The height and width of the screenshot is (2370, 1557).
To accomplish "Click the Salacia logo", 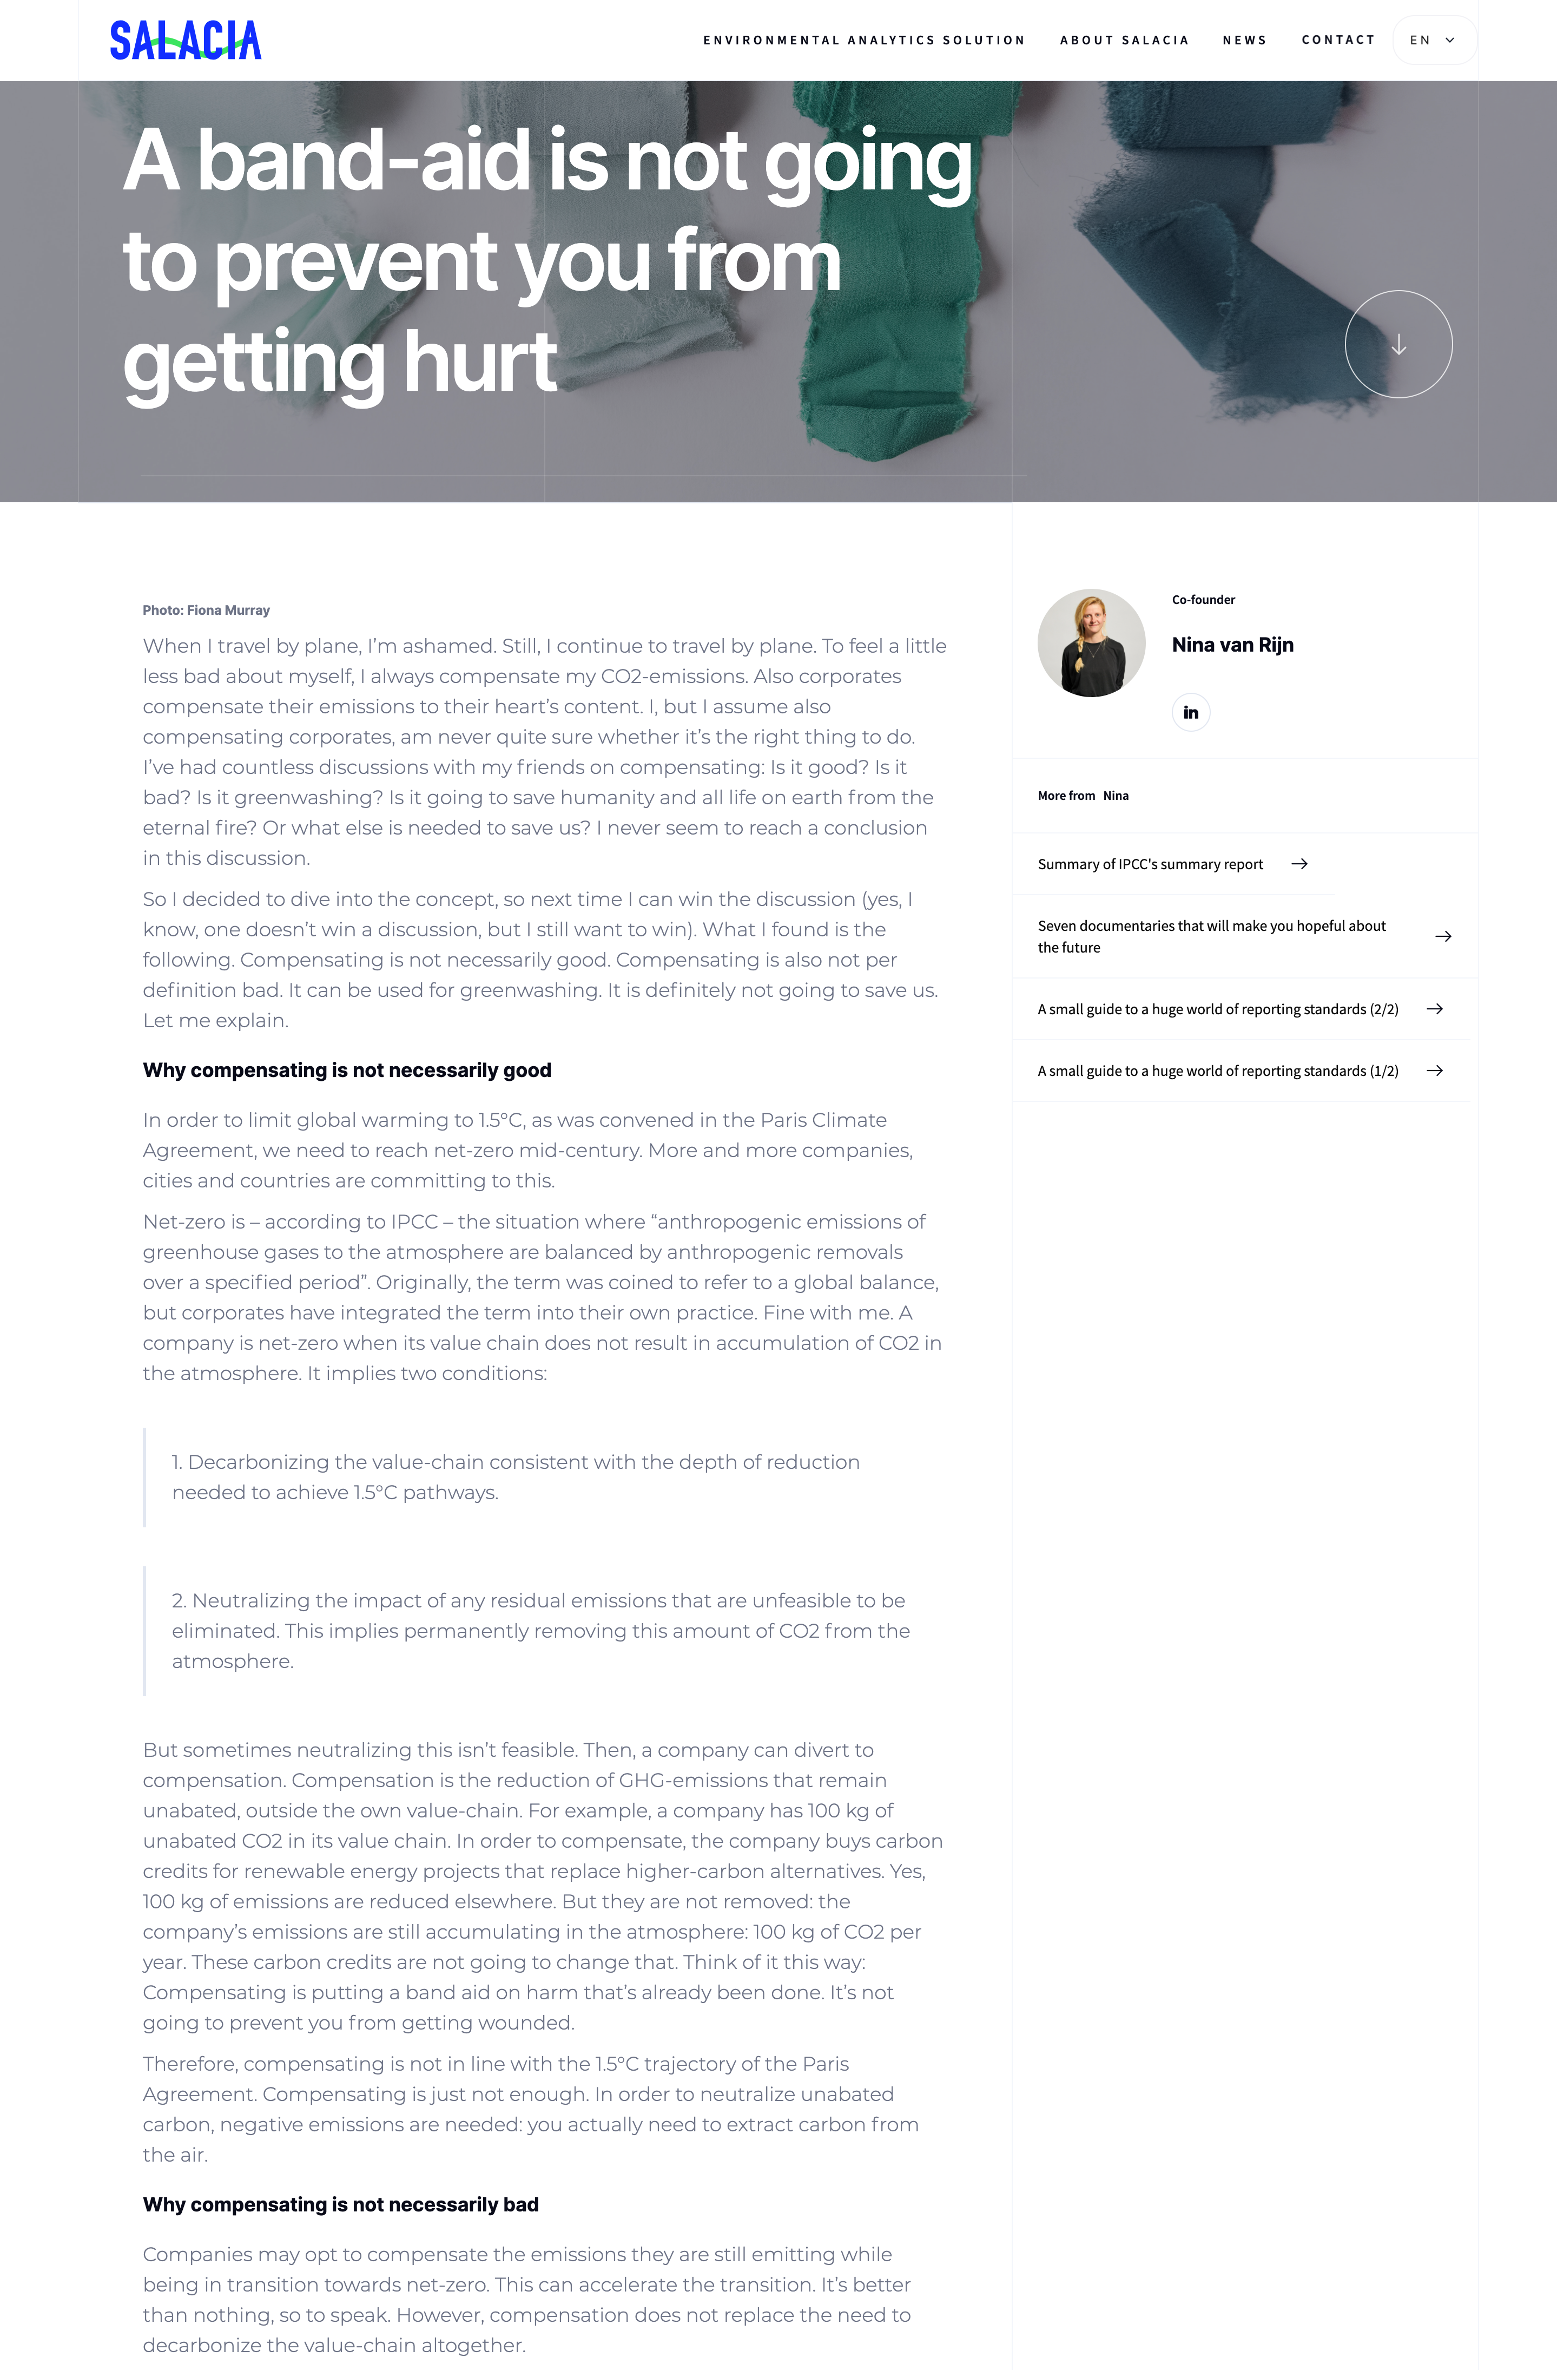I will [x=185, y=41].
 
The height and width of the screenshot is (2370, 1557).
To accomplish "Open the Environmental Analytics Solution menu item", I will [x=863, y=41].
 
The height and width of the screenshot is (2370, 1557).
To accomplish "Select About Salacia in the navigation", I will [x=1124, y=41].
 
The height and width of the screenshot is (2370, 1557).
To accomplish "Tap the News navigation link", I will [x=1244, y=41].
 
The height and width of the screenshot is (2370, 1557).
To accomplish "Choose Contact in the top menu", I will [x=1338, y=40].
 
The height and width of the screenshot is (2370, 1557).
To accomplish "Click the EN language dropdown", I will [x=1434, y=41].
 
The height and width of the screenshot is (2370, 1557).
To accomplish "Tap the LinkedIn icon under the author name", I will [x=1191, y=713].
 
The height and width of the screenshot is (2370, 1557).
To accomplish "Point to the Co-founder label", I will [x=1203, y=600].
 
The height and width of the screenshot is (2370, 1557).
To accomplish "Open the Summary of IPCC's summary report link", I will [x=1150, y=864].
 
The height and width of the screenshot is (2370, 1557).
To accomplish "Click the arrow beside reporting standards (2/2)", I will [x=1435, y=1009].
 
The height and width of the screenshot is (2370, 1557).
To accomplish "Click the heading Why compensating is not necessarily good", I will [x=346, y=1071].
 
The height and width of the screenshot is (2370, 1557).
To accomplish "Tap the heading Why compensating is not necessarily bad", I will [x=340, y=2205].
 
